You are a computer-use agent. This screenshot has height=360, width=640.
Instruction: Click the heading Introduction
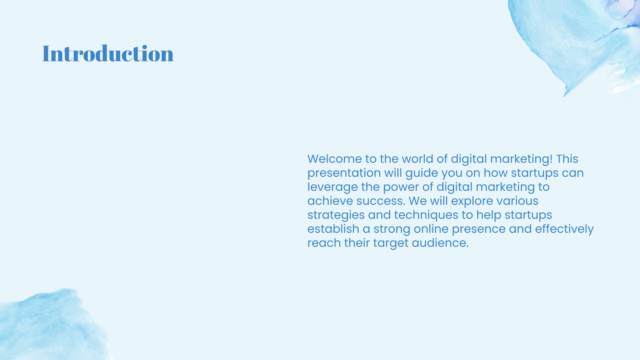(108, 54)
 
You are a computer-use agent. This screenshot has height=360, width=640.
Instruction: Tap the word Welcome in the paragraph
(334, 159)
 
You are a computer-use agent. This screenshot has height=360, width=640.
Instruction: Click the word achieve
(330, 201)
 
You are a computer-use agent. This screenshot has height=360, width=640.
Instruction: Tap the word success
(381, 201)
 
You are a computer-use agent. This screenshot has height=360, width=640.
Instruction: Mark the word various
(518, 201)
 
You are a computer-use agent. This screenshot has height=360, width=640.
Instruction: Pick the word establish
(333, 229)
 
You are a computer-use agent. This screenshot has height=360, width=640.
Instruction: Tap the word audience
(440, 243)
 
